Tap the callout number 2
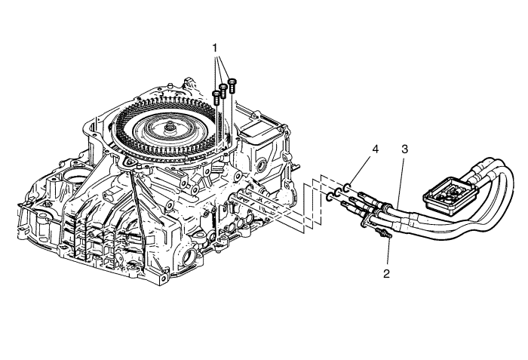pos(385,272)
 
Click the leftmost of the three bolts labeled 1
pos(217,96)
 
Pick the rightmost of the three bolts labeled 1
pos(231,83)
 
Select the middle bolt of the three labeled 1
pos(224,89)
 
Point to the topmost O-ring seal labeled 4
pos(347,187)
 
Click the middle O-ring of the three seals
pos(339,194)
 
